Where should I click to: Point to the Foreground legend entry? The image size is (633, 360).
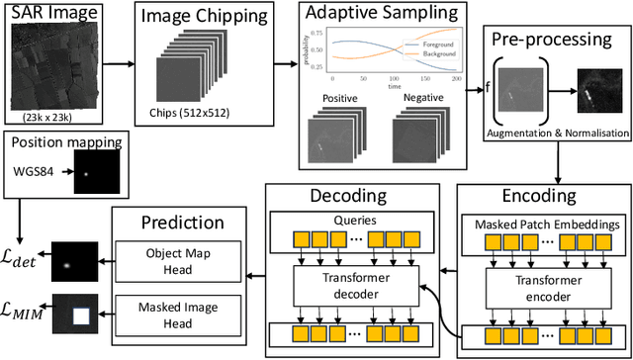[436, 43]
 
